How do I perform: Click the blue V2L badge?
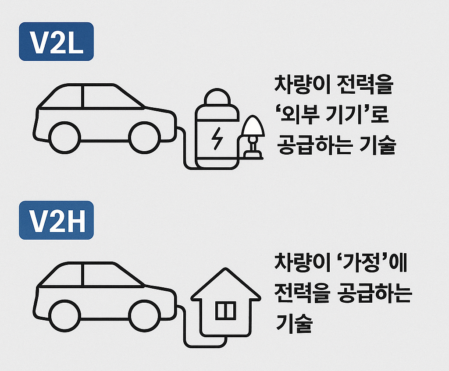(56, 42)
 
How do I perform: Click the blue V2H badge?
(56, 220)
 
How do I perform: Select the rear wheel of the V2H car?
(65, 316)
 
